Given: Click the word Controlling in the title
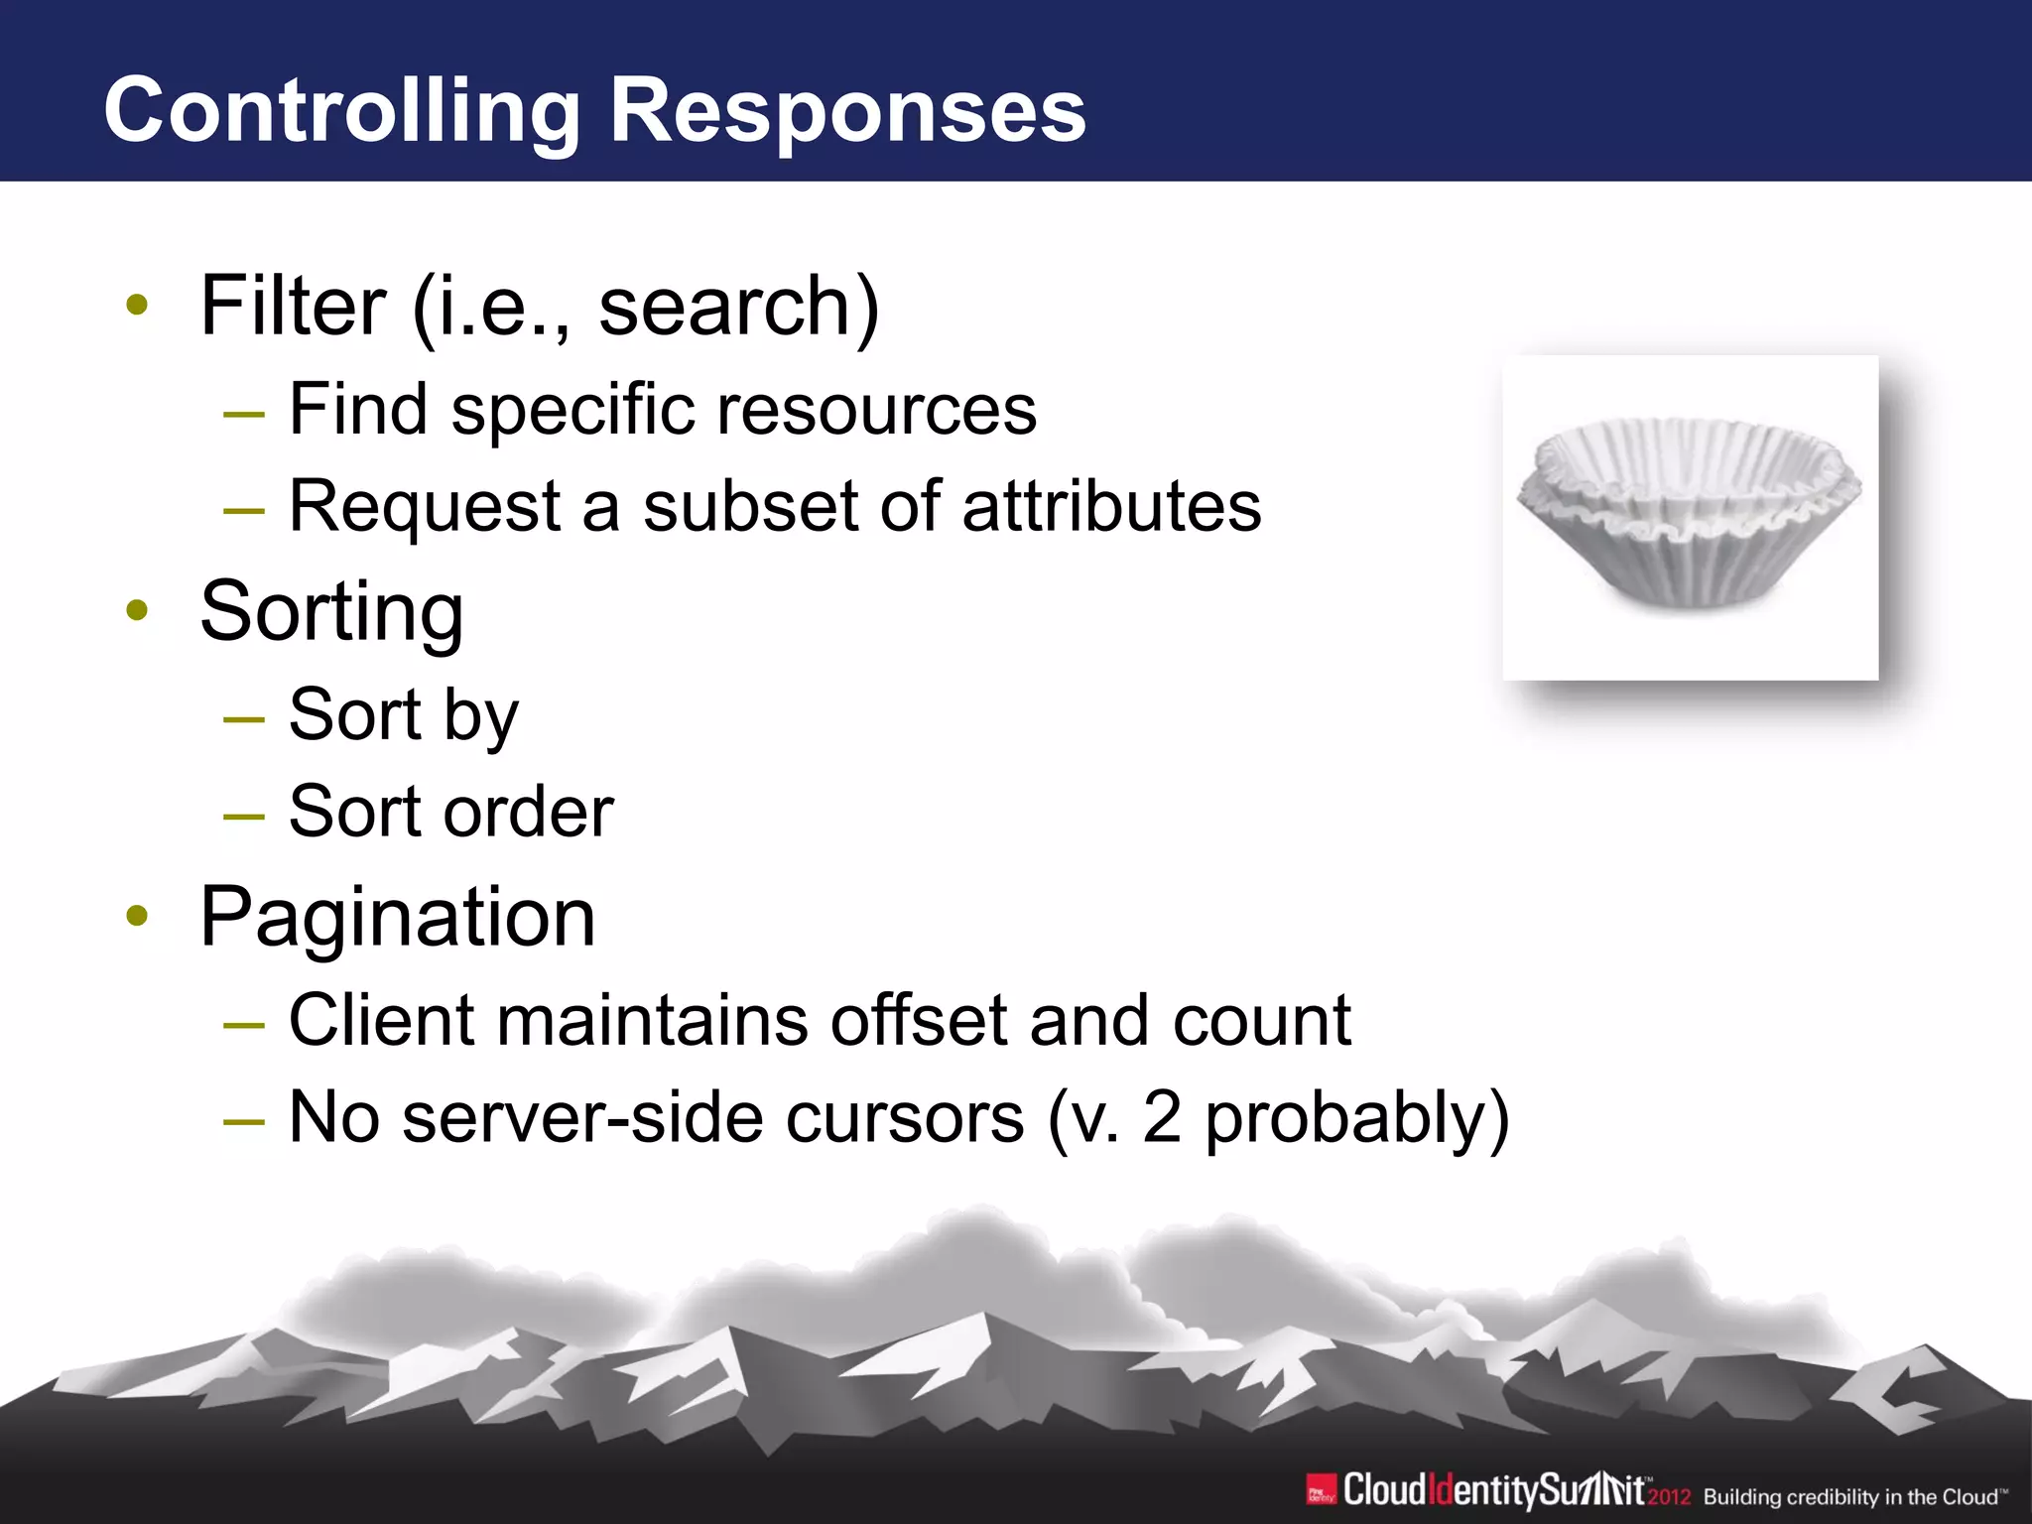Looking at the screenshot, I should (x=341, y=111).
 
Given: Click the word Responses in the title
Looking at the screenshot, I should (x=847, y=111).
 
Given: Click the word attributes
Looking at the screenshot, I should (x=1111, y=506).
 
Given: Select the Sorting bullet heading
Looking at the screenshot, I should (x=331, y=612).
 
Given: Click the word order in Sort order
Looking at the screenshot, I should (x=529, y=812).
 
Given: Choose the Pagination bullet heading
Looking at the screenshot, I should (x=398, y=918).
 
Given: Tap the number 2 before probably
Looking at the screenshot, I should (x=1162, y=1118).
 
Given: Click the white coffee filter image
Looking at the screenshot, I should (x=1690, y=516).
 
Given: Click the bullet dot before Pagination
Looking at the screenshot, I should (x=137, y=917).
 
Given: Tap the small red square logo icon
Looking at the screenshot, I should (x=1321, y=1490).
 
